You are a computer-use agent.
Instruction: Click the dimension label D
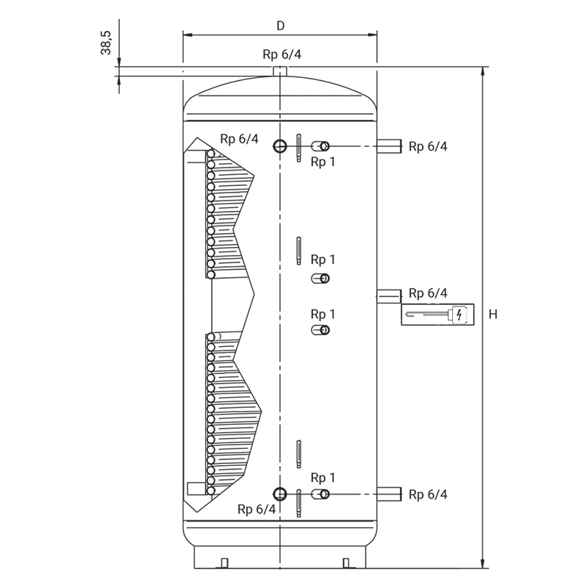tap(281, 26)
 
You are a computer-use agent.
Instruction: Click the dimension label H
tap(493, 314)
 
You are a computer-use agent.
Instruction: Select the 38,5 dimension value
tap(106, 43)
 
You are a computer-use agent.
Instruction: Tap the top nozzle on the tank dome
tap(280, 71)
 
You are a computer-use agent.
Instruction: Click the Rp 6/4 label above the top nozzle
tap(282, 54)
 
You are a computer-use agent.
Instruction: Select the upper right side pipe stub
tap(390, 146)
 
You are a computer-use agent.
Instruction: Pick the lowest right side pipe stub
tap(390, 494)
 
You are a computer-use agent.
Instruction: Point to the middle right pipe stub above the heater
tap(390, 296)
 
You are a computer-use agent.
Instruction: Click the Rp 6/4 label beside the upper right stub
tap(428, 146)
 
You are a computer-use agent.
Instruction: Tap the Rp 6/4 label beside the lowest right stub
tap(428, 495)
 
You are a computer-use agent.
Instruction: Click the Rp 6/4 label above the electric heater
tap(428, 293)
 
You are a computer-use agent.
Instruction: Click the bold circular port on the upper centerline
tap(280, 146)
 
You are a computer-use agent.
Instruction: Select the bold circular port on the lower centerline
tap(280, 494)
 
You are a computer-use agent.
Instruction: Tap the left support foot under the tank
tap(224, 563)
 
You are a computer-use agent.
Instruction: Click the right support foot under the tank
tap(346, 563)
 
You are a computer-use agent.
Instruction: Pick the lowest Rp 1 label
tap(323, 478)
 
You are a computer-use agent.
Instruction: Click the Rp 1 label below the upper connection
tap(323, 162)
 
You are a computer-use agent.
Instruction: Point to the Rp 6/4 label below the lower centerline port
tap(257, 509)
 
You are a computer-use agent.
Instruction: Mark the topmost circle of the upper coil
tap(211, 154)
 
